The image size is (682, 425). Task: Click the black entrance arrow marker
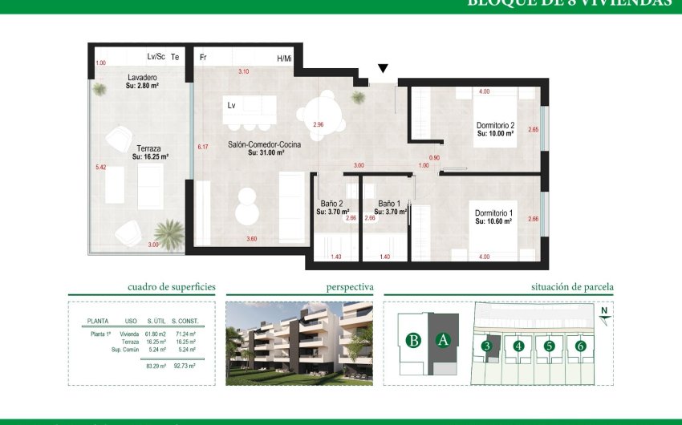pos(384,69)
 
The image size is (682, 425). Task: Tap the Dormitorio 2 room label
pos(495,125)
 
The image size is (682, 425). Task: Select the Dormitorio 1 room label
pos(493,212)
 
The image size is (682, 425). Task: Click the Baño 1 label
pos(388,204)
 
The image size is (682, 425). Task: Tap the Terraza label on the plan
pos(149,148)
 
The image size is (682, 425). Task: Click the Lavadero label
pos(141,78)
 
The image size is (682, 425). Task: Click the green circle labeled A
pos(442,340)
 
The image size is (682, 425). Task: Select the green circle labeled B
pos(413,340)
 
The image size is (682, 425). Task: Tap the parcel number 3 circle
pos(486,346)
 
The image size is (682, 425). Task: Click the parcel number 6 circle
pos(580,346)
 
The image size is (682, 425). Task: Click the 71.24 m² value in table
pos(185,333)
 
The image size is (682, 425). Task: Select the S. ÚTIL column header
pos(155,322)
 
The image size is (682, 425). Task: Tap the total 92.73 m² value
pos(185,366)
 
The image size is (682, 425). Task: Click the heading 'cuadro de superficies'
pos(172,286)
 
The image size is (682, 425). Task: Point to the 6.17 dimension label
pos(203,147)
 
